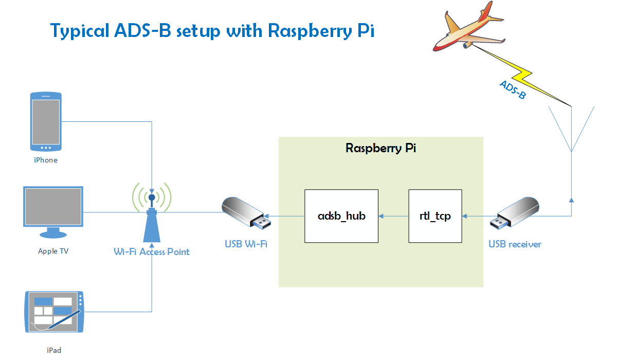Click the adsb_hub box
click(341, 216)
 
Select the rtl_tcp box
click(435, 216)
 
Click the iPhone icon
click(46, 121)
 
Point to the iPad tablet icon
click(54, 312)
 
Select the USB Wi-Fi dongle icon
click(246, 213)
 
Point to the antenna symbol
click(571, 129)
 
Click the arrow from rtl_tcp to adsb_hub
click(394, 216)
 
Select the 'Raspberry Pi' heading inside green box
click(381, 149)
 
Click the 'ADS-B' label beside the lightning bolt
click(513, 89)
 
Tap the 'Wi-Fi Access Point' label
click(152, 252)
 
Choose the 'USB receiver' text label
click(515, 244)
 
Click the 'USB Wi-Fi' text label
click(246, 244)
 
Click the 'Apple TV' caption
click(53, 251)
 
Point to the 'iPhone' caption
click(46, 160)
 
